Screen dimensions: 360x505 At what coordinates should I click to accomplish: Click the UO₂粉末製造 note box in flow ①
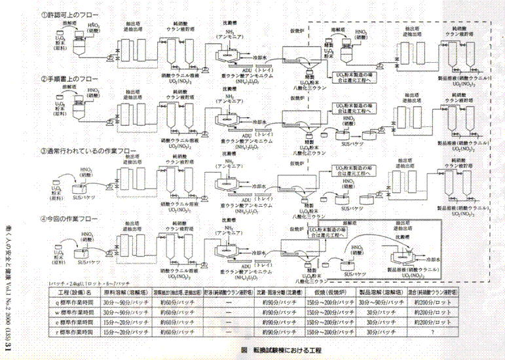(360, 77)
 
